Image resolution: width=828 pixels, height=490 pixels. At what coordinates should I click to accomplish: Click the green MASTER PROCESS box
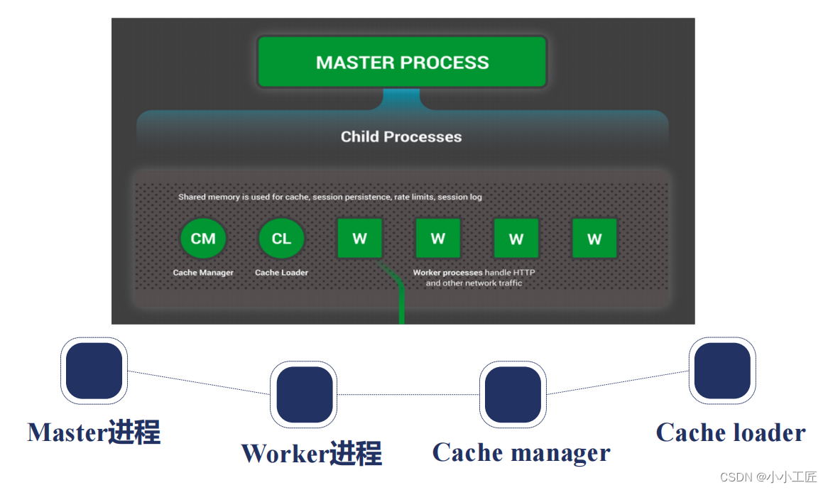pyautogui.click(x=402, y=62)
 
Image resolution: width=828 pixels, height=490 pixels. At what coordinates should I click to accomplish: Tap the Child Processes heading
pyautogui.click(x=401, y=136)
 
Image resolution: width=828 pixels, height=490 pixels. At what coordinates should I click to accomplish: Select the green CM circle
pyautogui.click(x=203, y=239)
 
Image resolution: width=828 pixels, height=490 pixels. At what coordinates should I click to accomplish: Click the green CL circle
pyautogui.click(x=281, y=239)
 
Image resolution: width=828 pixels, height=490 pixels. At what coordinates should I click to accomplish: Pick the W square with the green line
pyautogui.click(x=360, y=239)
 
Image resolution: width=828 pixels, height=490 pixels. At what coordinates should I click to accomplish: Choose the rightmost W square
pyautogui.click(x=594, y=239)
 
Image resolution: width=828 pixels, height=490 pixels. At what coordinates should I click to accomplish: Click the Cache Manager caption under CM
pyautogui.click(x=203, y=273)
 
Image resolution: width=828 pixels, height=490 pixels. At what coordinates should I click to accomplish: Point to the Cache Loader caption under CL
pyautogui.click(x=281, y=273)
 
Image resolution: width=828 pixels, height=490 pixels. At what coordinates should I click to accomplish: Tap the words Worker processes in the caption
pyautogui.click(x=447, y=273)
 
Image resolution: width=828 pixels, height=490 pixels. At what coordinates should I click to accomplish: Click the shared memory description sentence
pyautogui.click(x=330, y=197)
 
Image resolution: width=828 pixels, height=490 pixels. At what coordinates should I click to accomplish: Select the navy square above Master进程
pyautogui.click(x=94, y=371)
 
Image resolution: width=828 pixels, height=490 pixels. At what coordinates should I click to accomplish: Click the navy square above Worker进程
pyautogui.click(x=304, y=394)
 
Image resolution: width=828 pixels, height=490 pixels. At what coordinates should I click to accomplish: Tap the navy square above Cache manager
pyautogui.click(x=513, y=394)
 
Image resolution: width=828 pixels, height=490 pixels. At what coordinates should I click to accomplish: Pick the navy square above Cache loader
pyautogui.click(x=722, y=371)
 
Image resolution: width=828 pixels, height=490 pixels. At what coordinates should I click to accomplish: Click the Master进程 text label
pyautogui.click(x=94, y=432)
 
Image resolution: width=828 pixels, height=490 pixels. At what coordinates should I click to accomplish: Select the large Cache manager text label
pyautogui.click(x=521, y=453)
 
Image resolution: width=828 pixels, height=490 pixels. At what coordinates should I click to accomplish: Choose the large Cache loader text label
pyautogui.click(x=731, y=432)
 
